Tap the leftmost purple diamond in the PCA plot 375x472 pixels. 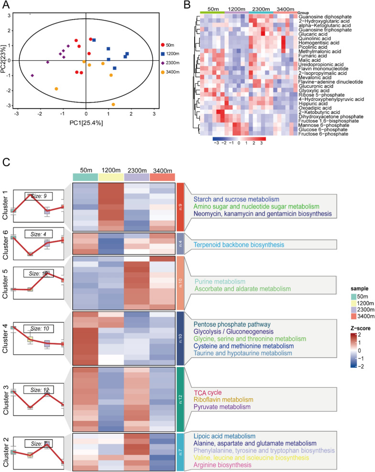coord(33,75)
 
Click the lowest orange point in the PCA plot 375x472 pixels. coord(113,104)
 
